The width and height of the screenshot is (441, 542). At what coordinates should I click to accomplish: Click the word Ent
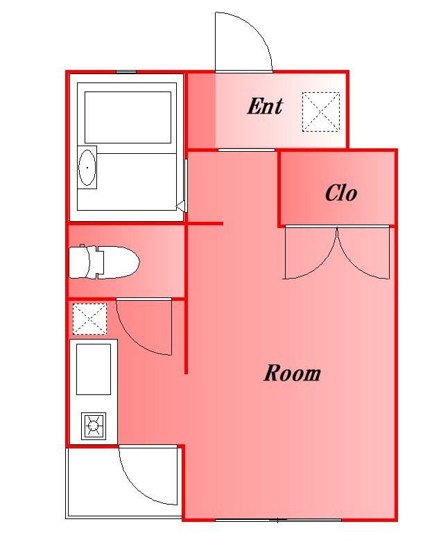coord(265,106)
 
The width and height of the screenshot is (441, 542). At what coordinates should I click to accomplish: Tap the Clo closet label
coord(341,193)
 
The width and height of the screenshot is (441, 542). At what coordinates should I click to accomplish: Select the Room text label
coord(293,373)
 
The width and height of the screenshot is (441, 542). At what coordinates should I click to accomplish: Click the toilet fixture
coord(104,262)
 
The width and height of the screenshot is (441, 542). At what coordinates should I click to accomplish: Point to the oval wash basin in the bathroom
coord(87,168)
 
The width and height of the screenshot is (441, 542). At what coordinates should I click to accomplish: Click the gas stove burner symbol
coord(94,426)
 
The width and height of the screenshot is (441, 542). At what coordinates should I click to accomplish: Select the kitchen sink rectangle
coord(94,369)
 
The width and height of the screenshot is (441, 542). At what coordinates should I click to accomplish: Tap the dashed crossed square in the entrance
coord(321,112)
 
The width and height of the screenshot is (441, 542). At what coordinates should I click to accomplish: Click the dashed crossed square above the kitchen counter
coord(89,319)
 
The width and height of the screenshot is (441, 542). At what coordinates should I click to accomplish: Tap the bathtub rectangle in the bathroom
coord(128,118)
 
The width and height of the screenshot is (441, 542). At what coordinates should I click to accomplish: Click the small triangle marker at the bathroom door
coord(180,207)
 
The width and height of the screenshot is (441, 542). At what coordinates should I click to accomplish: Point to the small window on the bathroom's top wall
coord(126,72)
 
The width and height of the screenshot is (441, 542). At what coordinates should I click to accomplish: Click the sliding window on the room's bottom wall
coord(279,520)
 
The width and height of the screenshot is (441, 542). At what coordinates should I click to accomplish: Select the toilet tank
coord(79,262)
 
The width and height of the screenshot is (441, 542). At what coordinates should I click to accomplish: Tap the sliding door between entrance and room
coord(247,150)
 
